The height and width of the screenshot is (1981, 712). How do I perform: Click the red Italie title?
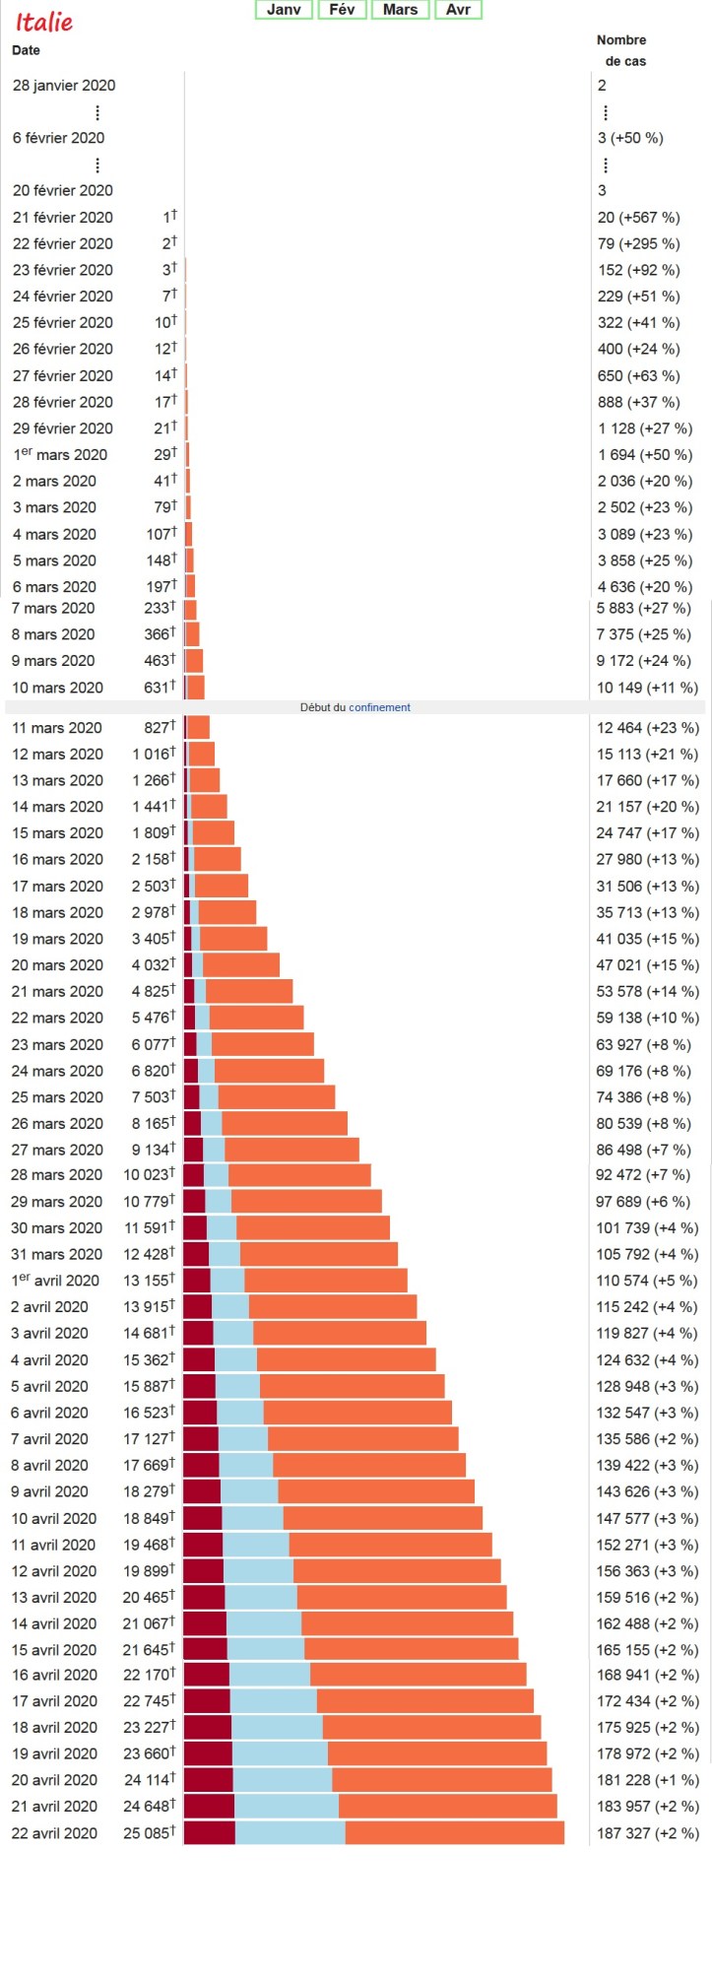pyautogui.click(x=44, y=22)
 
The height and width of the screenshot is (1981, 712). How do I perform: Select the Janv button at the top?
pyautogui.click(x=284, y=10)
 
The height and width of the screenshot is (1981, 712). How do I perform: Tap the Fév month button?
pyautogui.click(x=342, y=10)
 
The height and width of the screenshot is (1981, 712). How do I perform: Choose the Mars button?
pyautogui.click(x=400, y=10)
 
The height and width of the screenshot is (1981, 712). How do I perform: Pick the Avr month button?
pyautogui.click(x=458, y=10)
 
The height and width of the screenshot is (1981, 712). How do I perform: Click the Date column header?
pyautogui.click(x=27, y=50)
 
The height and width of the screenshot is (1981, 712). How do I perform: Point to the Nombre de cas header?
pyautogui.click(x=621, y=50)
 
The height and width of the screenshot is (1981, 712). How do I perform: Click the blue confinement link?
pyautogui.click(x=379, y=707)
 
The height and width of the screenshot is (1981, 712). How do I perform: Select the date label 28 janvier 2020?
pyautogui.click(x=64, y=86)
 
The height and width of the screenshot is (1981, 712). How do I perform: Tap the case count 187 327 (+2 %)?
pyautogui.click(x=647, y=1833)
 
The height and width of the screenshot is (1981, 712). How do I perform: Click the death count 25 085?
pyautogui.click(x=148, y=1833)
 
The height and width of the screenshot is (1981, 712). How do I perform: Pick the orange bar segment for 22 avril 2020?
pyautogui.click(x=454, y=1832)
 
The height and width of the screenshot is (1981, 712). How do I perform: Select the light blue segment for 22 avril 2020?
pyautogui.click(x=290, y=1832)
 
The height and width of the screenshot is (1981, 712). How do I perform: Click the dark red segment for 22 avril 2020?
pyautogui.click(x=210, y=1832)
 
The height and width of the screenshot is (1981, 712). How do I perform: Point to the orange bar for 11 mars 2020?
pyautogui.click(x=199, y=727)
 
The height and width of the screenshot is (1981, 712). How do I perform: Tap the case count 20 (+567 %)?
pyautogui.click(x=638, y=218)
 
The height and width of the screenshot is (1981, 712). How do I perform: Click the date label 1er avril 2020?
pyautogui.click(x=56, y=1281)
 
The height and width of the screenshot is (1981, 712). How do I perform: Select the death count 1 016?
pyautogui.click(x=152, y=755)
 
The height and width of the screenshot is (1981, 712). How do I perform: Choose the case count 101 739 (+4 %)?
pyautogui.click(x=647, y=1228)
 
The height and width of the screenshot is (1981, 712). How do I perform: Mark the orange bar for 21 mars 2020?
pyautogui.click(x=249, y=991)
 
